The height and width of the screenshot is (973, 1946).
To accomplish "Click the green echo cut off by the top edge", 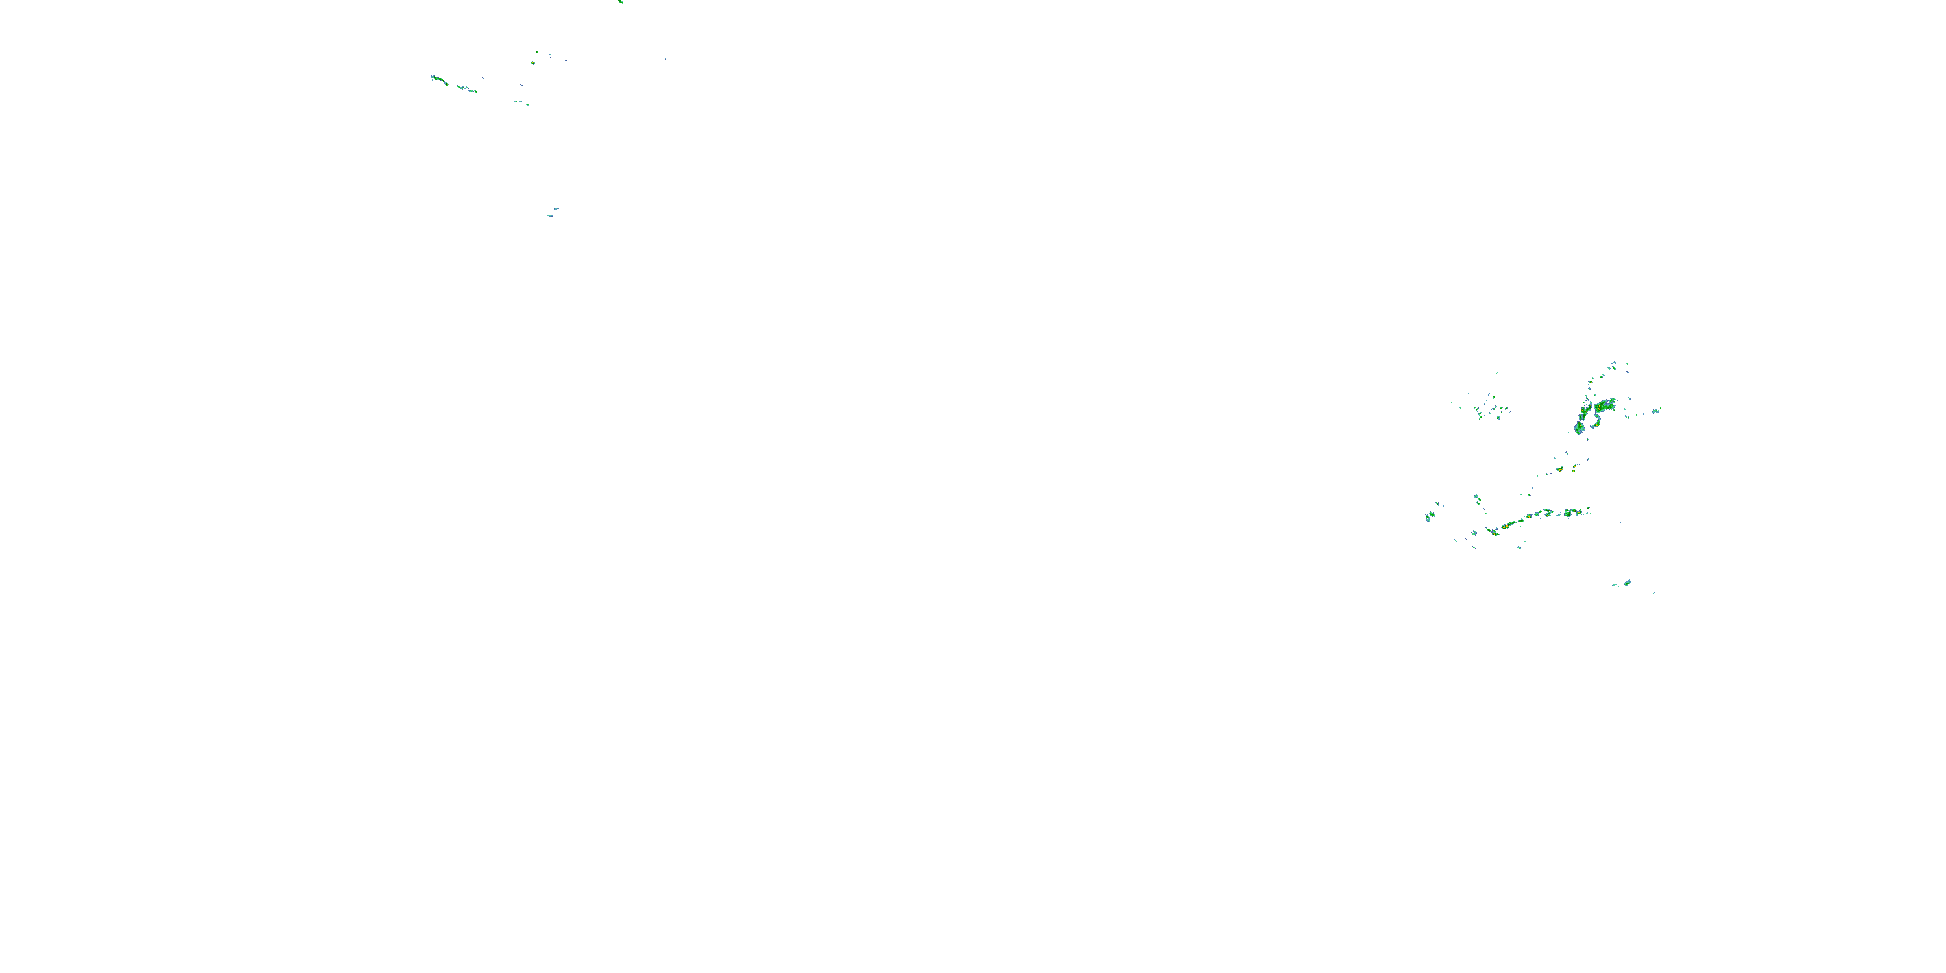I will (x=620, y=1).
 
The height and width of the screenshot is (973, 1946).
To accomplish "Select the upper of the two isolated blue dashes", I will (x=556, y=208).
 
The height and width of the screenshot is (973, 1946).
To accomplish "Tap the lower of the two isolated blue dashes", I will (x=550, y=216).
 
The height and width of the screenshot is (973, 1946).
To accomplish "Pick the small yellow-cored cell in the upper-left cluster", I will (x=533, y=62).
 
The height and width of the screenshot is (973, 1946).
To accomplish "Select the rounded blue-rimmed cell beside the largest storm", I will (x=1580, y=427).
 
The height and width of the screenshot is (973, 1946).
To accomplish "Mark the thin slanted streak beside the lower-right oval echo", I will (x=1653, y=593).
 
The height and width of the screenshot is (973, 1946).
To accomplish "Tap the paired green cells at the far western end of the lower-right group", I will (x=1430, y=516).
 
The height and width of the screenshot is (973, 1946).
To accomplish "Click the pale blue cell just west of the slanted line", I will (x=1474, y=533).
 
